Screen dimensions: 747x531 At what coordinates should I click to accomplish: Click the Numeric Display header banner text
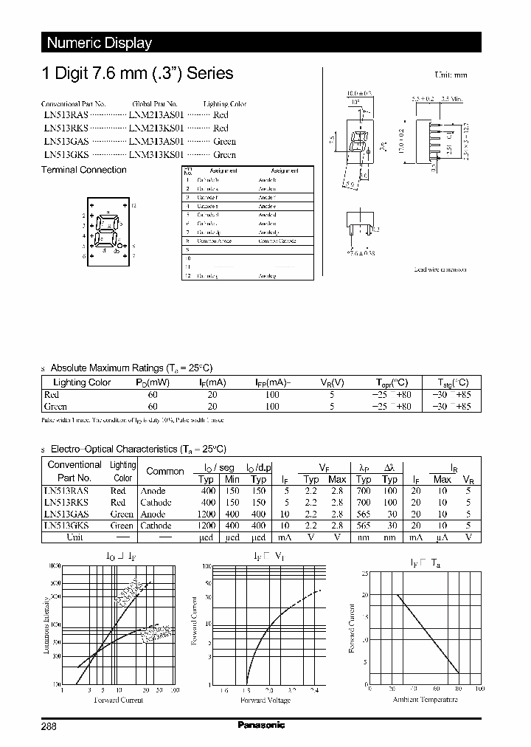(99, 43)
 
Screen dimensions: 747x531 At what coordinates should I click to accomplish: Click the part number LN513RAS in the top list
(65, 115)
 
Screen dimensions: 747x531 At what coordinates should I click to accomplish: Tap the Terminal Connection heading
(83, 170)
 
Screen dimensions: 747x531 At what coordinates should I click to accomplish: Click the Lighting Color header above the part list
(224, 104)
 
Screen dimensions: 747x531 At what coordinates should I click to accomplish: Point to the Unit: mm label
(450, 75)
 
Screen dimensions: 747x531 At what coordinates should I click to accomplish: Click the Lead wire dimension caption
(440, 270)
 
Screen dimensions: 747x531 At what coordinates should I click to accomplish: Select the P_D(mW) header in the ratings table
(153, 382)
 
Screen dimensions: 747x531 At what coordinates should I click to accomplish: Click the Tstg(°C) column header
(450, 382)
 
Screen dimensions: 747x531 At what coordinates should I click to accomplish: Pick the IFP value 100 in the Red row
(272, 395)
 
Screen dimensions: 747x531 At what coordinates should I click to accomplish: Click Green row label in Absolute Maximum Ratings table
(56, 406)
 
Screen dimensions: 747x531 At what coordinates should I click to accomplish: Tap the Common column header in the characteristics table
(165, 471)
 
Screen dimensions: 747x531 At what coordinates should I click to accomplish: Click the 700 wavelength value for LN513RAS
(364, 491)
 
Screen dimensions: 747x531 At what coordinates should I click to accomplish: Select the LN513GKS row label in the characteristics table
(67, 526)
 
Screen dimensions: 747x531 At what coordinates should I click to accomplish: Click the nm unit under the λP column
(364, 537)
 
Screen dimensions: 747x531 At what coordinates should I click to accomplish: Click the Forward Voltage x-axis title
(268, 700)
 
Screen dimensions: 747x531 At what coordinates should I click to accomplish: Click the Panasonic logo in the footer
(261, 725)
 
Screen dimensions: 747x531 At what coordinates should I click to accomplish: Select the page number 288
(49, 726)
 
